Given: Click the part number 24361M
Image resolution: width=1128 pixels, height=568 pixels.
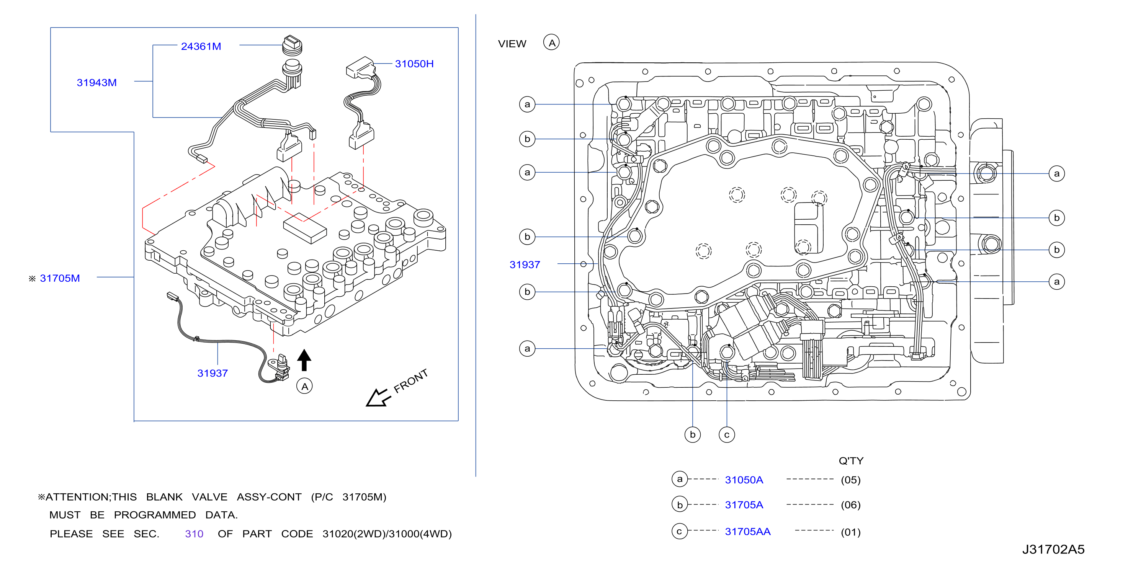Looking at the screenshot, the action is [201, 46].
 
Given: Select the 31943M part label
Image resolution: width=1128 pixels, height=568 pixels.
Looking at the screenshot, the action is [97, 83].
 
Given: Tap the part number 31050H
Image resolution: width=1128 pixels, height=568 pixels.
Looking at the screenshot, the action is [414, 64].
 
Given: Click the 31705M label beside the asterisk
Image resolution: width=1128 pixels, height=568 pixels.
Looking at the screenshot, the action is [60, 278].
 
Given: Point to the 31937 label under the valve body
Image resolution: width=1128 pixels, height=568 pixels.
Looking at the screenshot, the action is [213, 373].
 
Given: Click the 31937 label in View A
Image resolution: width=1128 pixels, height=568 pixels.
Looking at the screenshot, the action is [525, 265].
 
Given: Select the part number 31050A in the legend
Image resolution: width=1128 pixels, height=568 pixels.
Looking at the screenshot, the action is [744, 480].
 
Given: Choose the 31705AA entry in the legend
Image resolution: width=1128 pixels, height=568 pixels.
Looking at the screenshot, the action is [747, 532].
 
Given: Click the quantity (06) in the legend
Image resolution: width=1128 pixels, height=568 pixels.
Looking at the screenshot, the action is [850, 505].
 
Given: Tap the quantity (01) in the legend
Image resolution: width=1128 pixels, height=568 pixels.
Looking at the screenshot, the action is [850, 532].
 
